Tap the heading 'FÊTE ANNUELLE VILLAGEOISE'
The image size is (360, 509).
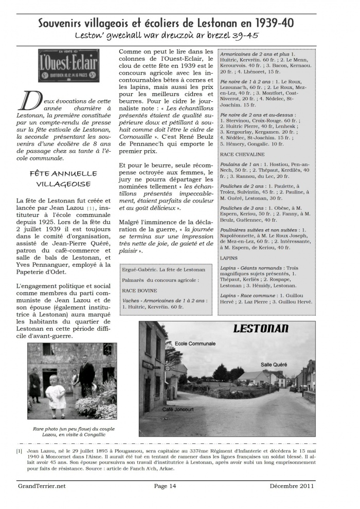(63, 178)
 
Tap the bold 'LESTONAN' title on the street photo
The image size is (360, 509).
(261, 329)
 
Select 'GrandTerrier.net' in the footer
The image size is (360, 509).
(41, 485)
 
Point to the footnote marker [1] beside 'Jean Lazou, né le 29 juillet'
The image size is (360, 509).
(19, 451)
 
